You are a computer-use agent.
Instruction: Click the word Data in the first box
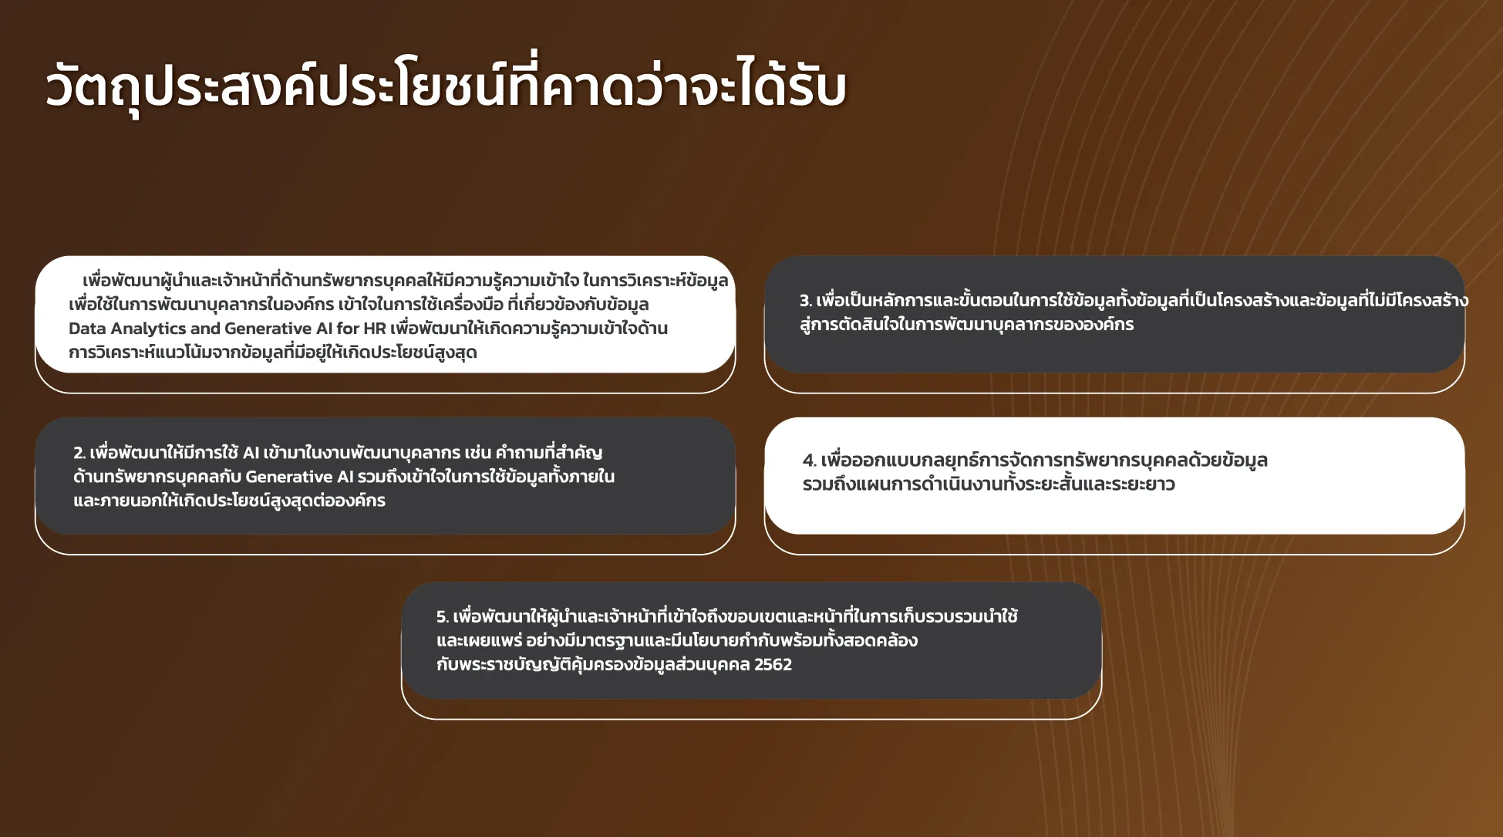point(87,328)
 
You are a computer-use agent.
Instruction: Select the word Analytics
point(148,329)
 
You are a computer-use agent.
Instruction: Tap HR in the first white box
point(375,328)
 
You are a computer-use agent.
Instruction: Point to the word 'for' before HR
point(348,328)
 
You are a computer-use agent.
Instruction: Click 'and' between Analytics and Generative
point(204,328)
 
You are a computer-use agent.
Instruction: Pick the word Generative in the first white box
point(268,328)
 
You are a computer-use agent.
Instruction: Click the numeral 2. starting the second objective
point(79,453)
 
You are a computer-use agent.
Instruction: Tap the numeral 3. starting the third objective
point(806,301)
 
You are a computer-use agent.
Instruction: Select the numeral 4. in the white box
point(809,461)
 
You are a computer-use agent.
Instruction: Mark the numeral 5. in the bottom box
point(442,617)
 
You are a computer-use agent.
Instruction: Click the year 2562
point(773,664)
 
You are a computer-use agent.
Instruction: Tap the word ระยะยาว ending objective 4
point(1144,484)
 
